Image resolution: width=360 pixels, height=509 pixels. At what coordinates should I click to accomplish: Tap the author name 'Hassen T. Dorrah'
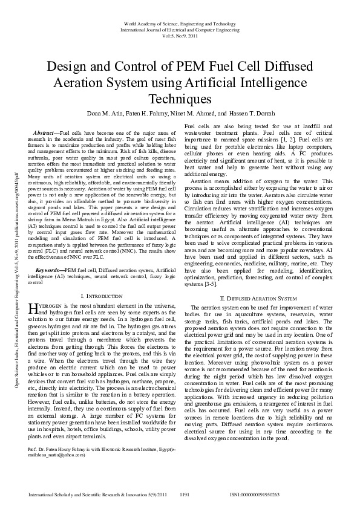coord(258,114)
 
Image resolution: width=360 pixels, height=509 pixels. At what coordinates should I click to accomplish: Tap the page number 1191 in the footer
coord(186,494)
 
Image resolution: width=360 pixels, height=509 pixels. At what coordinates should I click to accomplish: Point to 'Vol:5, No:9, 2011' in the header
coord(180,35)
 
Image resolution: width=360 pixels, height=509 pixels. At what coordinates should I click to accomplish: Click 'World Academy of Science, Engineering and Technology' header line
coord(180,22)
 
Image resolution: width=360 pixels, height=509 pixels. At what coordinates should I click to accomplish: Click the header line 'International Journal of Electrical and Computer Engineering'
coord(180,28)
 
